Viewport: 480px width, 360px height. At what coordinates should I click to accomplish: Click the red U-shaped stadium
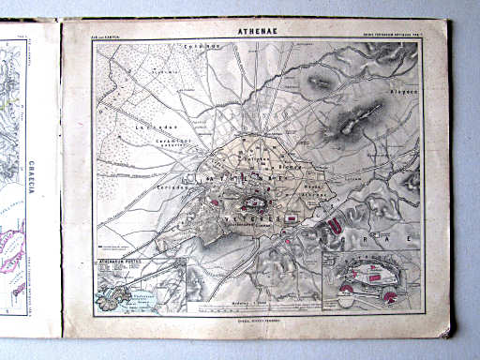(335, 221)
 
